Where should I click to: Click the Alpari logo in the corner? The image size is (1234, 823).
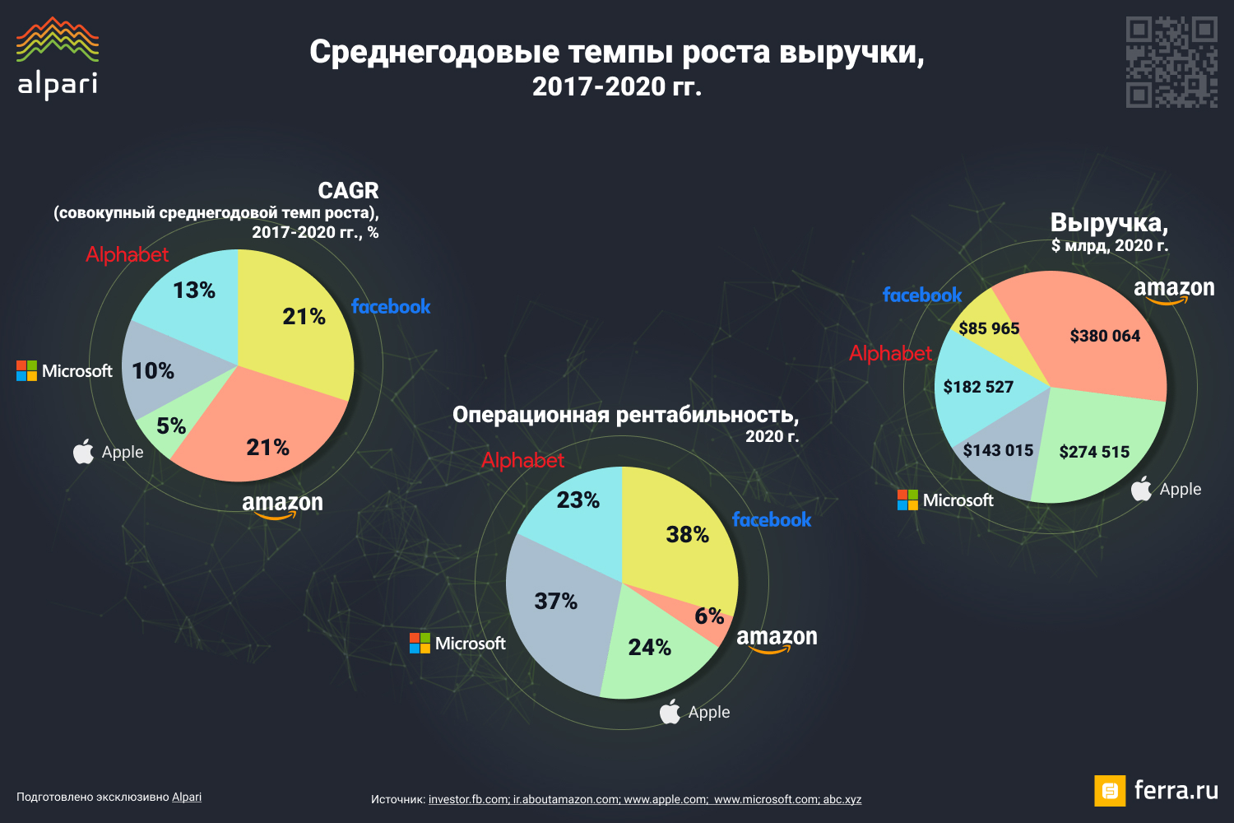tap(58, 58)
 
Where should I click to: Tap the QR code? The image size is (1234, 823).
tap(1171, 63)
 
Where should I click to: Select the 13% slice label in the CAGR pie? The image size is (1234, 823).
tap(194, 291)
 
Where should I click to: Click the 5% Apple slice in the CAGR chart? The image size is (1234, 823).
tap(171, 426)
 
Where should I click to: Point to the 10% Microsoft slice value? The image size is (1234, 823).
tap(153, 371)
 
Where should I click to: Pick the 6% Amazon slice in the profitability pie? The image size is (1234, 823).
tap(709, 616)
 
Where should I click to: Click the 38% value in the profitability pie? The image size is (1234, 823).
tap(687, 535)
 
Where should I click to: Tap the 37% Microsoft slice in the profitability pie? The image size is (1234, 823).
tap(555, 602)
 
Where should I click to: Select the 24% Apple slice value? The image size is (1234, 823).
tap(649, 648)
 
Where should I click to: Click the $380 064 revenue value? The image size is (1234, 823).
tap(1105, 336)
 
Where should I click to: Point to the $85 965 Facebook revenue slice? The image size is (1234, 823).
tap(989, 328)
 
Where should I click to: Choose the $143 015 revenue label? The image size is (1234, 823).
tap(998, 450)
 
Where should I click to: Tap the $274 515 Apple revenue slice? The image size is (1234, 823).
tap(1094, 452)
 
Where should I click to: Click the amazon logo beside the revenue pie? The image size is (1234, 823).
tap(1174, 290)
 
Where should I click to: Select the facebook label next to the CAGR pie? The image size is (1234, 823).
tap(391, 307)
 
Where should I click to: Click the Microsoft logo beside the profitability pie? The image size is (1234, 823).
tap(458, 644)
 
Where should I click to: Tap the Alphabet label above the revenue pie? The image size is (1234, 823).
tap(890, 354)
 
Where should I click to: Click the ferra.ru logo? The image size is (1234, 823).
tap(1156, 791)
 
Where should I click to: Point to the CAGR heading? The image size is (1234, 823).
tap(348, 191)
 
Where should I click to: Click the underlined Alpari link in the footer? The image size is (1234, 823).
tap(187, 797)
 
